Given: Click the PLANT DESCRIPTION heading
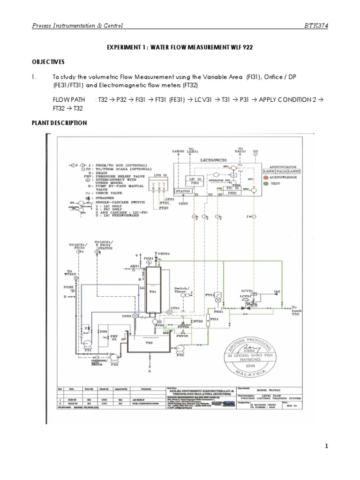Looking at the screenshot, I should pyautogui.click(x=59, y=123).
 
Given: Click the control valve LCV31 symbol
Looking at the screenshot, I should pyautogui.click(x=244, y=308).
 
